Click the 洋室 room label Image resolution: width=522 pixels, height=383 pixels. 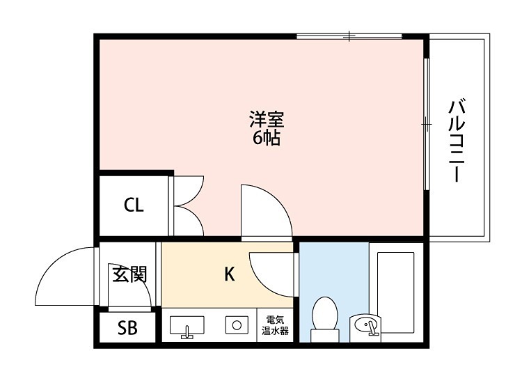[267, 119]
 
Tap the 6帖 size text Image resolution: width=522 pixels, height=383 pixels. [267, 138]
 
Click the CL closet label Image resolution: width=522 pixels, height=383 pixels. [134, 205]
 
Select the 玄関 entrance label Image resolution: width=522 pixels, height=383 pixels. [129, 274]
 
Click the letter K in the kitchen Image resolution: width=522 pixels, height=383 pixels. [229, 275]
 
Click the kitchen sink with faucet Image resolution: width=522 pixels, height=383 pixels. [187, 325]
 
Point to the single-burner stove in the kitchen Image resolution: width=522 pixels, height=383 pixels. [237, 325]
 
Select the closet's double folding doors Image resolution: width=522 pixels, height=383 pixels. [187, 205]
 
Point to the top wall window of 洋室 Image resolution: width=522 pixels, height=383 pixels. [349, 36]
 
